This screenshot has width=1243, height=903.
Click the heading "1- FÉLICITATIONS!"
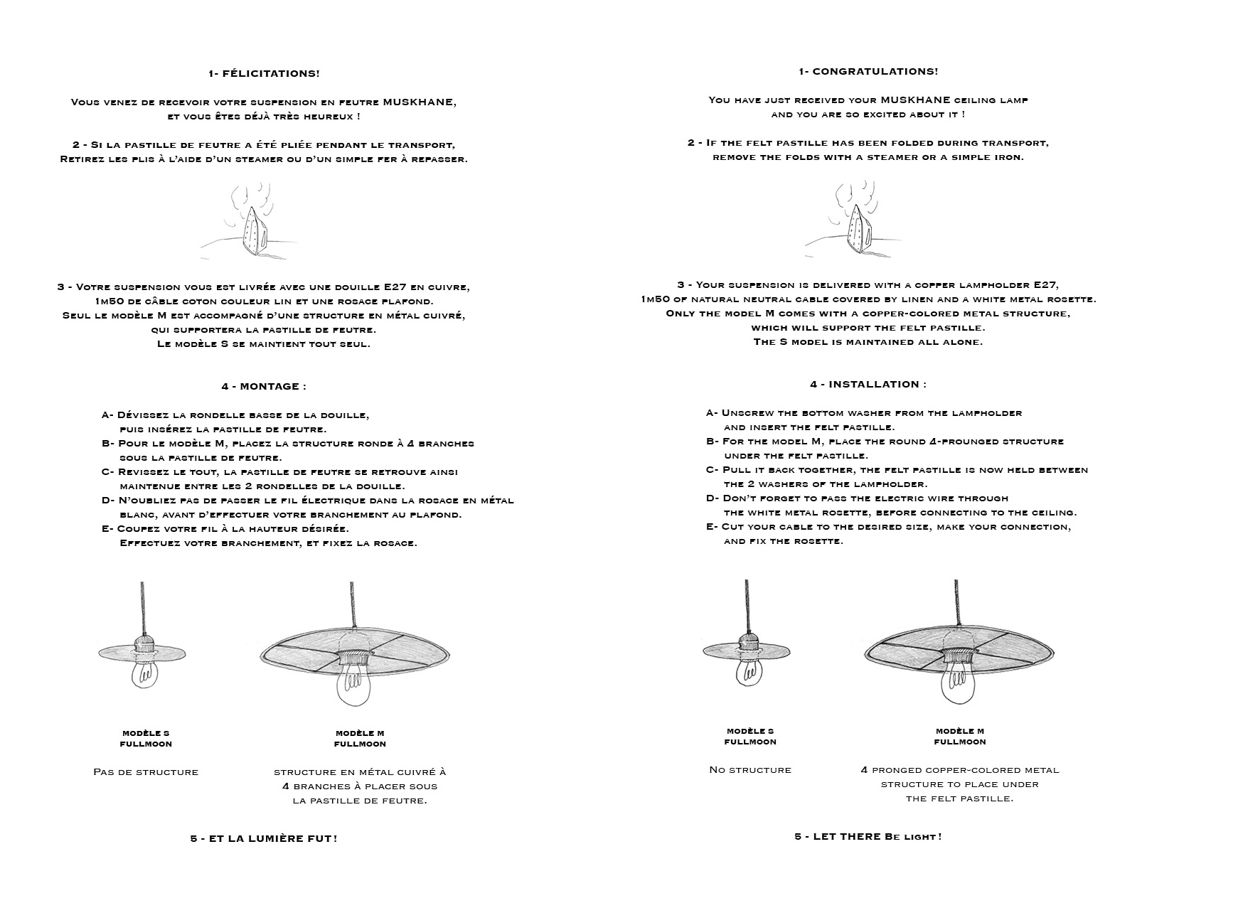tap(264, 73)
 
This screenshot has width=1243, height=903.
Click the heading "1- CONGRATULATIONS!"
tap(868, 71)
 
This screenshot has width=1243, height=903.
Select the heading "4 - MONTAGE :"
tap(264, 386)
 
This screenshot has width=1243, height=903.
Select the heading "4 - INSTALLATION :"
tap(868, 384)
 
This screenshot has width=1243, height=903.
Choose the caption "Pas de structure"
tap(146, 771)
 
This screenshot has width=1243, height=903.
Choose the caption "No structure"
tap(750, 769)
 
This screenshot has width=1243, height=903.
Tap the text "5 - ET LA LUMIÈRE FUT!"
tap(264, 838)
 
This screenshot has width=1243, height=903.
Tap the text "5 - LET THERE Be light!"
tap(868, 836)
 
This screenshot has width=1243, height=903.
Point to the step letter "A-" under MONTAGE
tap(107, 415)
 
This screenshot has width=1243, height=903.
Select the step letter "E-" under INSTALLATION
tap(712, 527)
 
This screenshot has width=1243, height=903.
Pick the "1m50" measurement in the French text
tap(109, 301)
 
